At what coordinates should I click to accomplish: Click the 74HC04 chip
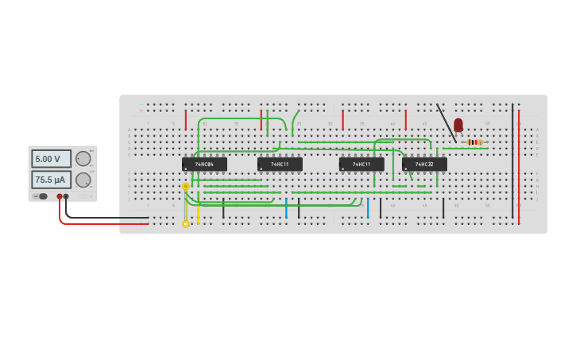(x=204, y=164)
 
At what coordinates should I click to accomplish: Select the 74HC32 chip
(x=424, y=164)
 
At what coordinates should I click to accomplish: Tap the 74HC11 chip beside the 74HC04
(x=280, y=164)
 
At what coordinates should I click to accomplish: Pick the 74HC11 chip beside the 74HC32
(x=361, y=164)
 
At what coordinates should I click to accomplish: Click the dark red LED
(x=458, y=124)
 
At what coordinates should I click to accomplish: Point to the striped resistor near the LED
(x=475, y=142)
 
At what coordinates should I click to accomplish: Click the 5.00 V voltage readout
(x=51, y=159)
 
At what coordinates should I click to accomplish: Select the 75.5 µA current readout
(x=51, y=180)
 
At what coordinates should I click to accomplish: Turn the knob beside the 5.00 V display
(x=83, y=159)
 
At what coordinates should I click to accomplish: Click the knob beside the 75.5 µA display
(x=83, y=180)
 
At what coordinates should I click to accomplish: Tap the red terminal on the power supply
(x=59, y=196)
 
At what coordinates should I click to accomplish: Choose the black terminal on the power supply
(x=66, y=196)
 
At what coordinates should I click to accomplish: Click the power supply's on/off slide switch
(x=41, y=196)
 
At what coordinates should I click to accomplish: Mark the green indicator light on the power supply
(x=91, y=150)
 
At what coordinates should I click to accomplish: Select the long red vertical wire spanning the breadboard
(x=519, y=167)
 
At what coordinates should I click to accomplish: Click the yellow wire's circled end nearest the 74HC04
(x=186, y=187)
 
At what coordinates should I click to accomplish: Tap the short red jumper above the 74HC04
(x=186, y=120)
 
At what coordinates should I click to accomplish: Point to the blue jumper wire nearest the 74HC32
(x=368, y=208)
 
